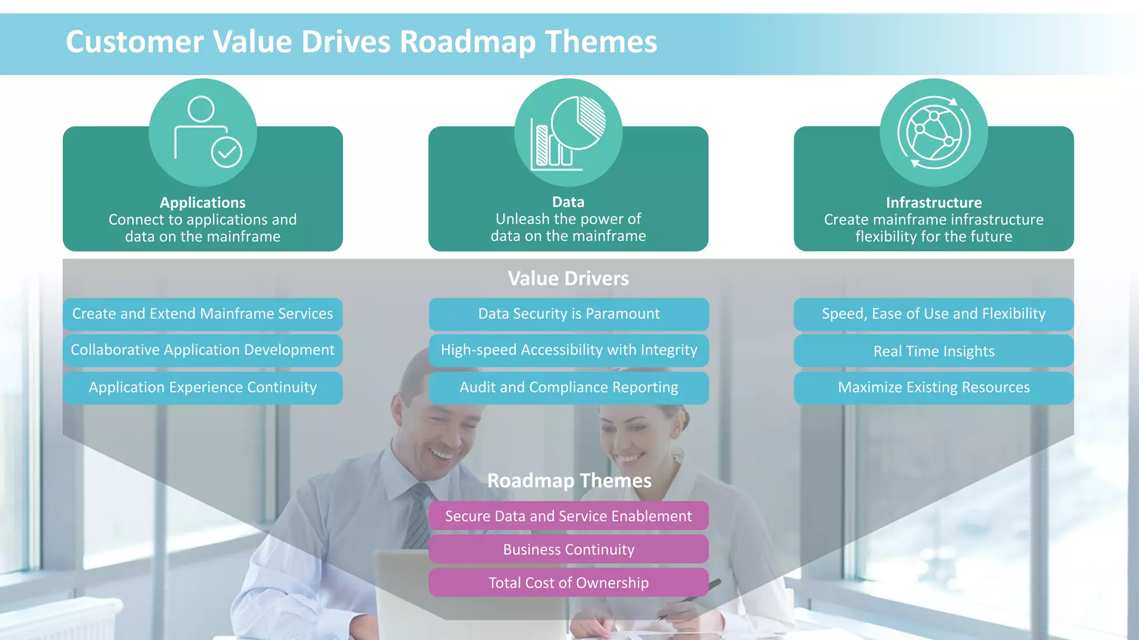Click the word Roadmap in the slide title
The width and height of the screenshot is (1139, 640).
(x=467, y=42)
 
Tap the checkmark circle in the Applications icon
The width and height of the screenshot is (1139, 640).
(x=226, y=152)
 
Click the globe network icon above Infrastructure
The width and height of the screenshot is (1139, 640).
(x=934, y=133)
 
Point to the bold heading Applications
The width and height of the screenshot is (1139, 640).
(x=202, y=202)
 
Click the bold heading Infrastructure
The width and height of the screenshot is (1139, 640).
(x=933, y=202)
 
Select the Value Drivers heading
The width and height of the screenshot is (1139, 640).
(x=568, y=278)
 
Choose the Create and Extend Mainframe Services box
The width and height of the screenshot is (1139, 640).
(x=202, y=314)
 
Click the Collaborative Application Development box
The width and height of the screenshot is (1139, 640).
(x=202, y=350)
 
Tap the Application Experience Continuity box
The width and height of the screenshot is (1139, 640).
(x=202, y=387)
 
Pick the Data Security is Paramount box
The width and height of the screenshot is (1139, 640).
(x=568, y=314)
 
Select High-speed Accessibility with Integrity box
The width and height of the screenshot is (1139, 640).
(x=568, y=350)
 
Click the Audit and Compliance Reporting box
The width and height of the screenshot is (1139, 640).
(x=568, y=387)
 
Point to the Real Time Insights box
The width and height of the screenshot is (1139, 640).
(x=933, y=351)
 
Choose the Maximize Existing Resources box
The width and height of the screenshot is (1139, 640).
(x=933, y=387)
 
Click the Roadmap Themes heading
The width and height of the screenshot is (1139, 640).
(x=569, y=481)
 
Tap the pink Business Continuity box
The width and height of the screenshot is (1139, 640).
(x=568, y=549)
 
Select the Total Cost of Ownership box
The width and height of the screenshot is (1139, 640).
(x=568, y=583)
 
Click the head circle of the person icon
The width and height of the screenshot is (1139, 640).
(x=201, y=109)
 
